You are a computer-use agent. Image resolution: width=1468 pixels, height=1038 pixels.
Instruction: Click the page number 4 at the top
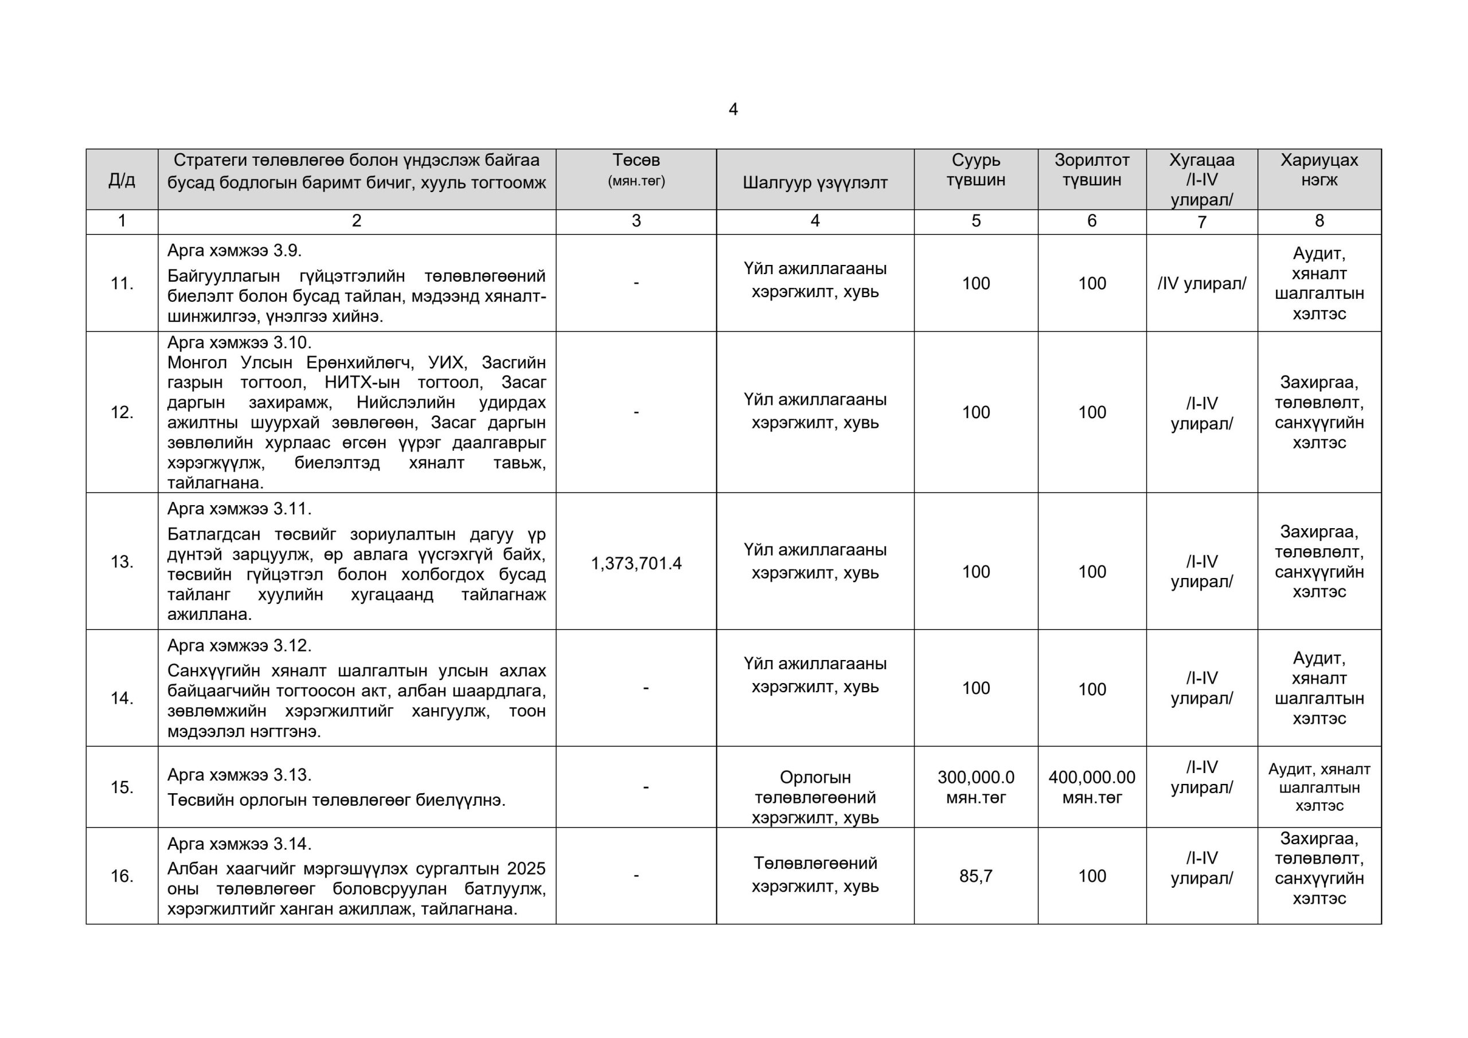click(733, 110)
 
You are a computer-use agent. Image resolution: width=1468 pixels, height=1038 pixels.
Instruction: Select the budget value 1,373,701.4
click(636, 564)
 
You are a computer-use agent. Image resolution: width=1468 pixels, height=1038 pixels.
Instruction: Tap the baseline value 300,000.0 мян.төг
click(975, 787)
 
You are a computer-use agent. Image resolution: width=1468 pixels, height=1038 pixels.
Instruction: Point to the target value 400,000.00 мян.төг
click(1091, 787)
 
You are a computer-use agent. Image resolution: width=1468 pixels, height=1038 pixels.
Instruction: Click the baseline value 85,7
click(975, 876)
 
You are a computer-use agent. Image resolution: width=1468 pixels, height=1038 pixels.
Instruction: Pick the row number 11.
click(122, 283)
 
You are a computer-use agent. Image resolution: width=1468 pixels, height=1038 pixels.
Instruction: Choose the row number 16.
click(122, 876)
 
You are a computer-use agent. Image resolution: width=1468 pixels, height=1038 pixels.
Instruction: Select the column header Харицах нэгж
click(1318, 170)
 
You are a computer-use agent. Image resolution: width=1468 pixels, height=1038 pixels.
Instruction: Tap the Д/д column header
click(122, 179)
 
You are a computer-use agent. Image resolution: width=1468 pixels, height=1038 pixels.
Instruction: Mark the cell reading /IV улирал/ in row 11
click(1201, 283)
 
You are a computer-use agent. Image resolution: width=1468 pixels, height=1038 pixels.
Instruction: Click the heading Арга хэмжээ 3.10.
click(239, 342)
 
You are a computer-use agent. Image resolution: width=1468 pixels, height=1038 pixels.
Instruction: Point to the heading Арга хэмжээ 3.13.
click(239, 775)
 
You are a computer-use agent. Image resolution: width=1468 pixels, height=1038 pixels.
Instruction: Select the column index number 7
click(1201, 222)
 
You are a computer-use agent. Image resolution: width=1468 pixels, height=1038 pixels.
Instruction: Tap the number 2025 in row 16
click(526, 868)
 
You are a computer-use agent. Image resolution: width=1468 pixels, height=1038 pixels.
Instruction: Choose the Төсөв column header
click(636, 169)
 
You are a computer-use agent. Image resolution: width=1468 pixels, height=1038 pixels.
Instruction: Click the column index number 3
click(636, 221)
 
